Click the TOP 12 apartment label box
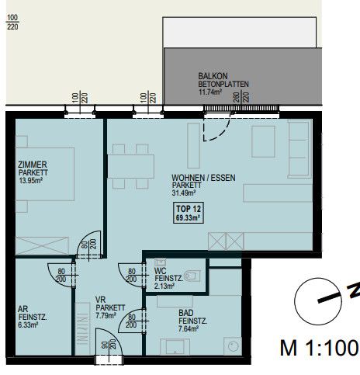(189, 213)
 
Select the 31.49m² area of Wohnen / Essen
(184, 193)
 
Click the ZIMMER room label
(33, 165)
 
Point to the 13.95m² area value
(31, 180)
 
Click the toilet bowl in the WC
(192, 276)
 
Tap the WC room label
(160, 271)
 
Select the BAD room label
(186, 313)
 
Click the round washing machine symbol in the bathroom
(233, 346)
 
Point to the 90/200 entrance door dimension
(109, 345)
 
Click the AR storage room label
(23, 309)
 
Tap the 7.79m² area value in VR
(106, 316)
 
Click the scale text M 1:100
(320, 348)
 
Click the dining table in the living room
(131, 166)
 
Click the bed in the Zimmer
(45, 174)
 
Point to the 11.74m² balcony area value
(209, 92)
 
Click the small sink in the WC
(160, 262)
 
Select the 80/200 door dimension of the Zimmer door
(88, 244)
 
